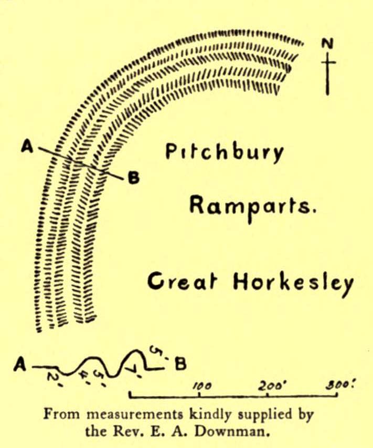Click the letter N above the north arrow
[328, 44]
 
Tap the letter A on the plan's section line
[27, 147]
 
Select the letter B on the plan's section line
[134, 179]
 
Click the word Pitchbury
[225, 153]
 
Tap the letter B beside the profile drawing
[180, 363]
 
